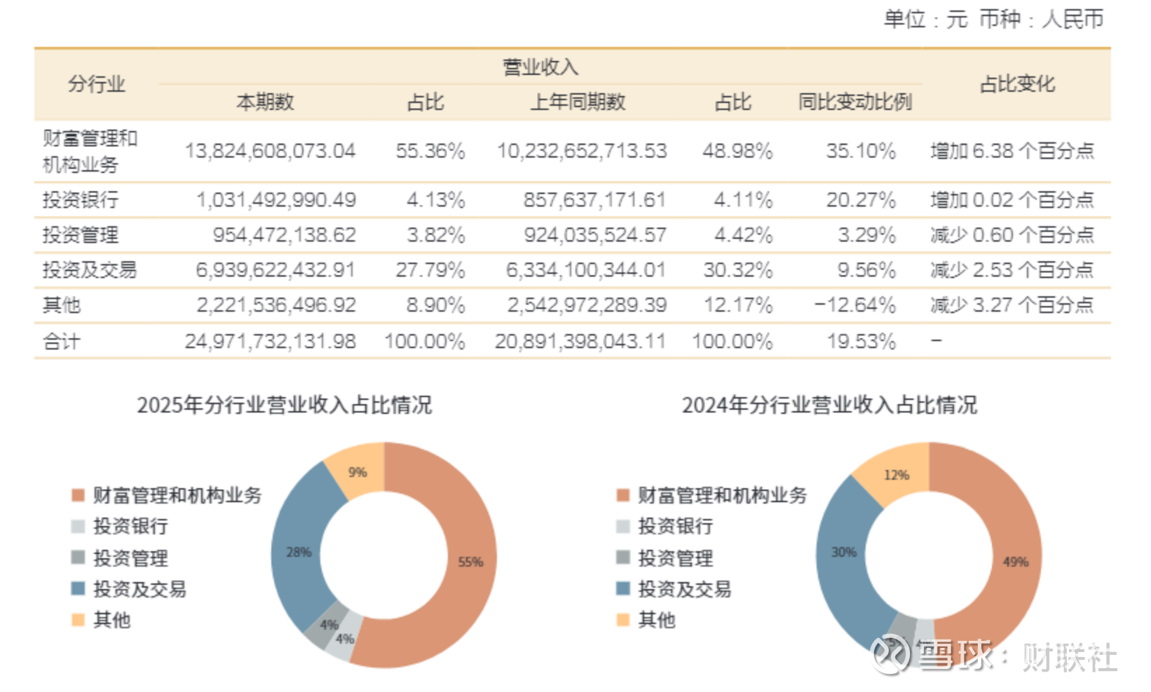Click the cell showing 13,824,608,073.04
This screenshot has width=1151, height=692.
click(270, 151)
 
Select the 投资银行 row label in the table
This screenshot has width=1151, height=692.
click(81, 200)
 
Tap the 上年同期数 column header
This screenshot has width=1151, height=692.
click(578, 102)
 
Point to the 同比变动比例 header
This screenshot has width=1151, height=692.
click(854, 102)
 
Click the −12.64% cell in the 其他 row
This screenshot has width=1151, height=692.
click(854, 305)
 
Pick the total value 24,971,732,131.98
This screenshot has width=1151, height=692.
click(270, 342)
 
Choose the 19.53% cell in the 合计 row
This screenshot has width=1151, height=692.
click(861, 342)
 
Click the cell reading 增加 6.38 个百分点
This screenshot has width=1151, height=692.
click(1012, 151)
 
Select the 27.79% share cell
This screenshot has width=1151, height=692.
click(430, 270)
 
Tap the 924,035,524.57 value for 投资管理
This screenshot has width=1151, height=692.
click(595, 235)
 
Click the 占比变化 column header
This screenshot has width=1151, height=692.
click(1016, 85)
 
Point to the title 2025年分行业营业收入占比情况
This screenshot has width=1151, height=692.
click(284, 405)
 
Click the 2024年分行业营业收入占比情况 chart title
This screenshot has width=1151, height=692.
click(829, 405)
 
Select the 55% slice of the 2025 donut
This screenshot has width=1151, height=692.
click(470, 561)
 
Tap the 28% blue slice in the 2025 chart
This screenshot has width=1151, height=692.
click(299, 552)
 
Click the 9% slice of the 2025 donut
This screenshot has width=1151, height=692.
click(357, 472)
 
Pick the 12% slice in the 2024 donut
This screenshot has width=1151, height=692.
click(897, 475)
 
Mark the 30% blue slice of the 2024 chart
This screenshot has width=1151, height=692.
click(844, 552)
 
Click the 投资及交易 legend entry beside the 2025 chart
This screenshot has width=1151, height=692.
click(139, 589)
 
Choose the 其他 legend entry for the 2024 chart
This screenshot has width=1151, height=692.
click(656, 620)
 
